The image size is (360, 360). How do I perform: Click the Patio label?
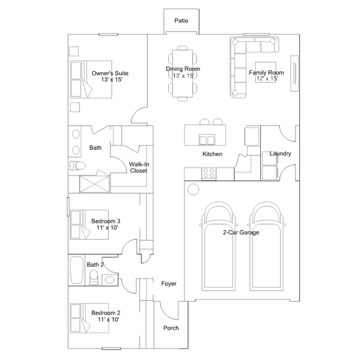click(181, 21)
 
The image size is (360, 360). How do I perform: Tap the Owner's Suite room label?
click(110, 73)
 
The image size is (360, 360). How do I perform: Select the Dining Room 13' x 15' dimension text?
click(183, 75)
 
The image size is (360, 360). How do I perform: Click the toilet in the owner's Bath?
click(78, 165)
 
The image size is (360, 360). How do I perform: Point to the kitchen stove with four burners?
click(209, 174)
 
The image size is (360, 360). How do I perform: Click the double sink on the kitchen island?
click(207, 140)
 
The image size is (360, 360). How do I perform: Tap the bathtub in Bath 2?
click(77, 270)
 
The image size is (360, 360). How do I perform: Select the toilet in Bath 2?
click(94, 277)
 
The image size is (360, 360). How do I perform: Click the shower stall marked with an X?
click(94, 184)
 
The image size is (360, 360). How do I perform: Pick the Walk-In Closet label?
click(139, 167)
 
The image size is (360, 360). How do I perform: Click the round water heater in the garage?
click(193, 189)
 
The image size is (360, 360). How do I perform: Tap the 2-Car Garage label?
click(241, 232)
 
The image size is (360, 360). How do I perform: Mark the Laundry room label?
click(281, 153)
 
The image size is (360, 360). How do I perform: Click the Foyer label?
click(169, 283)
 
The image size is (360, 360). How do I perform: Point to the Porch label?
click(171, 328)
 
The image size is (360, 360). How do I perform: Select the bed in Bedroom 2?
click(89, 318)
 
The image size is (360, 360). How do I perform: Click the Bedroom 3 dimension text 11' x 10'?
click(107, 228)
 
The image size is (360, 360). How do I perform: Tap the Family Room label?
click(266, 73)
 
